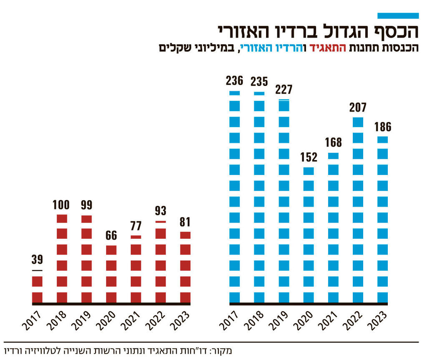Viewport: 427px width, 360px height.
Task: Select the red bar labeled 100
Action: pyautogui.click(x=62, y=258)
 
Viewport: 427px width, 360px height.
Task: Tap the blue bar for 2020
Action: pyautogui.click(x=309, y=235)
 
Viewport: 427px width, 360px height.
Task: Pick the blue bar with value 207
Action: pyautogui.click(x=358, y=210)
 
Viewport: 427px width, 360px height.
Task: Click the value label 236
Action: pyautogui.click(x=235, y=80)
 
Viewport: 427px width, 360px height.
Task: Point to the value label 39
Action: pyautogui.click(x=37, y=260)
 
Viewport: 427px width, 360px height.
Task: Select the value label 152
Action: pyautogui.click(x=309, y=157)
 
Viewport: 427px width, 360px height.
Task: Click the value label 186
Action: pyautogui.click(x=382, y=127)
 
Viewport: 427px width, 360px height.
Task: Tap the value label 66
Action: pyautogui.click(x=111, y=235)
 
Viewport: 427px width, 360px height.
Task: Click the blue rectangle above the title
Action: pyautogui.click(x=398, y=16)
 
